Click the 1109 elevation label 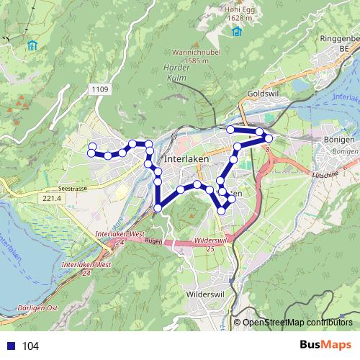pos(101,89)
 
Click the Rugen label pos(153,242)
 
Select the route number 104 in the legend pos(31,346)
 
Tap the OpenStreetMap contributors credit pos(297,323)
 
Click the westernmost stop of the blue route pos(91,149)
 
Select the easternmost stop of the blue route pos(269,138)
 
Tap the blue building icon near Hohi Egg pos(237,31)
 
